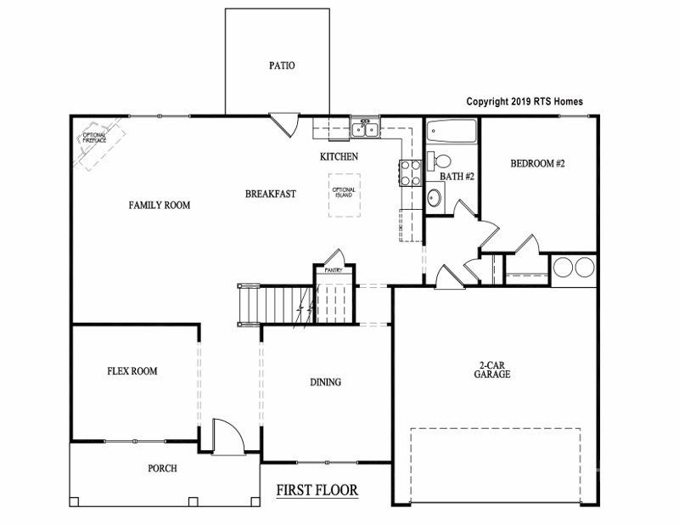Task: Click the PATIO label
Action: (x=282, y=65)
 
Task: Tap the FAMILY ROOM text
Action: (x=159, y=205)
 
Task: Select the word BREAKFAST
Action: (x=271, y=194)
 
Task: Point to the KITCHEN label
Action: (x=339, y=156)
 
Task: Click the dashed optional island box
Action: (x=344, y=195)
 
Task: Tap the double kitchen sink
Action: (x=366, y=130)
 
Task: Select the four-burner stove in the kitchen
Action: (x=410, y=172)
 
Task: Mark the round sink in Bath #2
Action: (x=434, y=197)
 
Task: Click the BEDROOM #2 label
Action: (x=537, y=163)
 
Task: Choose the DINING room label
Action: (x=325, y=382)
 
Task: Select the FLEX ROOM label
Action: (x=132, y=371)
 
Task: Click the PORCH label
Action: (x=162, y=468)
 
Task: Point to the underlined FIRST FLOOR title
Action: (x=317, y=490)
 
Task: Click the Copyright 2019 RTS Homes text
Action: (x=525, y=101)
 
